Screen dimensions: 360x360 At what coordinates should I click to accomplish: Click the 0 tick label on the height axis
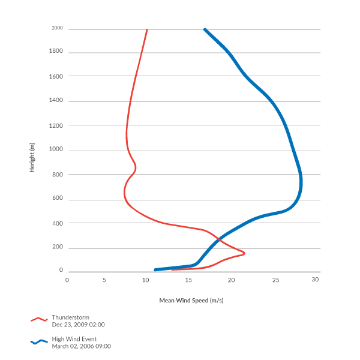61,271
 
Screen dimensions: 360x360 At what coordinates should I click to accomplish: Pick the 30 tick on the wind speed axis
315,280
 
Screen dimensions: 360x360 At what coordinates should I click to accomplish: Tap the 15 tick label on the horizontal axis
190,280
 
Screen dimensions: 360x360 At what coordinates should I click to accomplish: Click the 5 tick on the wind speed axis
104,280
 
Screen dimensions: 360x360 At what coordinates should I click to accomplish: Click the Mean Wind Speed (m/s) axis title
195,300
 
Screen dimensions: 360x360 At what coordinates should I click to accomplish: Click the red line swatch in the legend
38,320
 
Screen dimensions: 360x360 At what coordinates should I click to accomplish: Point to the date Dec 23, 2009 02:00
78,324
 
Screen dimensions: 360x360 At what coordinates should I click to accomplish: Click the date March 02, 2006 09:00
81,346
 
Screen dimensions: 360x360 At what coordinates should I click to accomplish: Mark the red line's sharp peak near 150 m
244,253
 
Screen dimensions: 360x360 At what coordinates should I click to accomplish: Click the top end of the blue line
205,29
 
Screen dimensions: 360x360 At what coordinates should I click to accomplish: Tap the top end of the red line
147,29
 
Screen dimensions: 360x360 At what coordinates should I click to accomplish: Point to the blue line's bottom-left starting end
155,269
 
